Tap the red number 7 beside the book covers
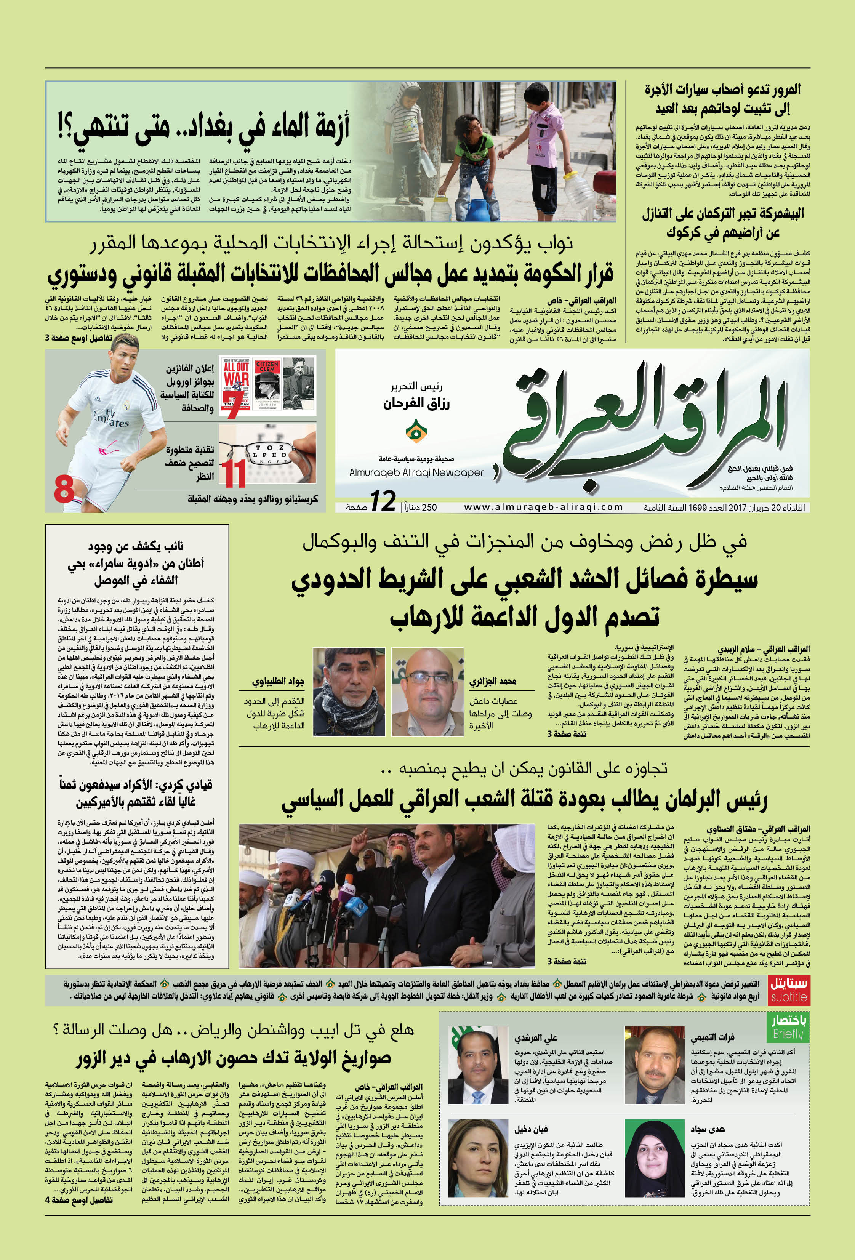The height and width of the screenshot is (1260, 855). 233,408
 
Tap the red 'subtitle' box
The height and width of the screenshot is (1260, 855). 789,989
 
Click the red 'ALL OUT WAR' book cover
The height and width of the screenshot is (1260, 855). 236,379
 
